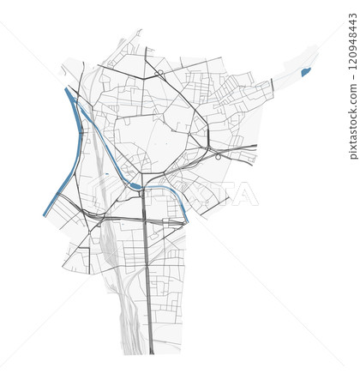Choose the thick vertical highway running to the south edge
(147, 283)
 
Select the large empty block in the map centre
(150, 137)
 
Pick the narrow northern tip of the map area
(138, 34)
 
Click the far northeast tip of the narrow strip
(315, 50)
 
